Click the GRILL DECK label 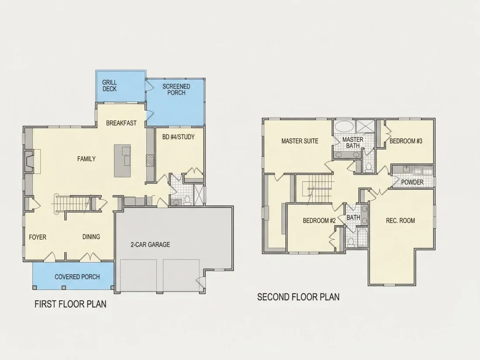(x=109, y=86)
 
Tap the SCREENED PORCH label (x=176, y=89)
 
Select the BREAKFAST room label (x=121, y=123)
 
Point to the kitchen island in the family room (x=123, y=161)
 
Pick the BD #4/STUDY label (x=178, y=137)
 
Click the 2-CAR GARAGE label (x=150, y=245)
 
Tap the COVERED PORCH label (x=77, y=277)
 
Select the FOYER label (x=38, y=237)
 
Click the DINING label (x=91, y=237)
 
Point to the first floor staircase (x=73, y=203)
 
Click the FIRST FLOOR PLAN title (x=70, y=304)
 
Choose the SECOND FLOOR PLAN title (x=298, y=297)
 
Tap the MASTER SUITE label (x=300, y=141)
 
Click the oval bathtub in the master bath (x=344, y=126)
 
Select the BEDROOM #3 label (x=406, y=141)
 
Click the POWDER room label (x=412, y=182)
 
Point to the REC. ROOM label (x=401, y=220)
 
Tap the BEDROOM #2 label (x=319, y=220)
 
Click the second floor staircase (x=317, y=188)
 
